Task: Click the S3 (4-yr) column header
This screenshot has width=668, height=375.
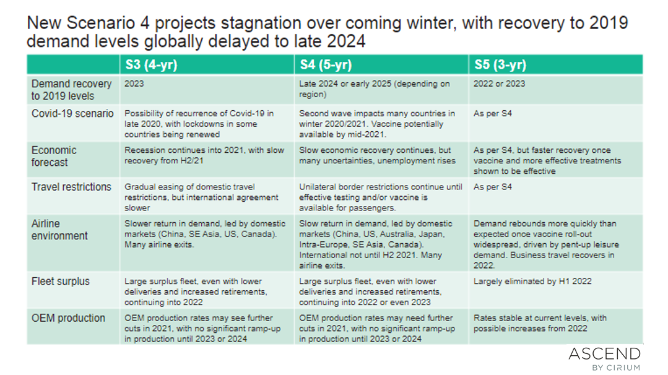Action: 151,65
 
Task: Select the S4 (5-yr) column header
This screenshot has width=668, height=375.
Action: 326,65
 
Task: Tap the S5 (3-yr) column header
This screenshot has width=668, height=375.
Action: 500,65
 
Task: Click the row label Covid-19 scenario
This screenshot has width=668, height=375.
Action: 72,114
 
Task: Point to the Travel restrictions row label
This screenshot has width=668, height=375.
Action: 71,187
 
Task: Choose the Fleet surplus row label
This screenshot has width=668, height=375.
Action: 61,282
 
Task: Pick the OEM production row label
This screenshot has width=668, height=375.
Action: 68,318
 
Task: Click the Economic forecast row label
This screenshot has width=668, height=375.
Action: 54,156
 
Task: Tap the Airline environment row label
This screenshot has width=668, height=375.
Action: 59,230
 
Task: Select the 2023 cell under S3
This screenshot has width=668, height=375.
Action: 134,84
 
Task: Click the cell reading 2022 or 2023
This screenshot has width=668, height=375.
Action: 499,84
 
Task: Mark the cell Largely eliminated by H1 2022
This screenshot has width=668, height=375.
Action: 532,282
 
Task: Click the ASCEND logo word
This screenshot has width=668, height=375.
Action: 604,354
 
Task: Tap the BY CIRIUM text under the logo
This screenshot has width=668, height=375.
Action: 616,368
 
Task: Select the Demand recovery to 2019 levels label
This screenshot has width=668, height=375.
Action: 72,90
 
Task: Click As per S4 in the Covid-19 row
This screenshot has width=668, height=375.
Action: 492,114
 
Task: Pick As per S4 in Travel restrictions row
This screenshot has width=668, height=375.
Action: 492,187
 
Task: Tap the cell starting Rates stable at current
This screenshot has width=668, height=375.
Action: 540,323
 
